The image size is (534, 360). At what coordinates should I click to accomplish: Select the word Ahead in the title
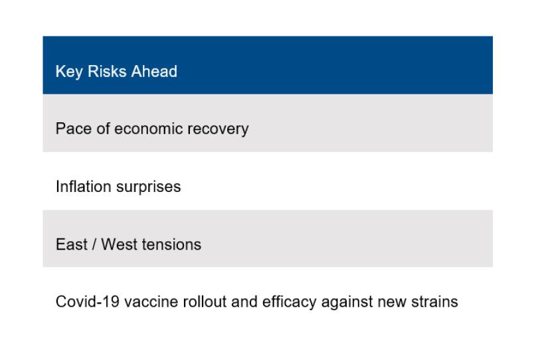pyautogui.click(x=154, y=71)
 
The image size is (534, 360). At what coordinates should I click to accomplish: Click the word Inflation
pyautogui.click(x=84, y=186)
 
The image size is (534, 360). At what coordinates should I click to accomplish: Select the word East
pyautogui.click(x=72, y=244)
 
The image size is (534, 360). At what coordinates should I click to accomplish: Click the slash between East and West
pyautogui.click(x=94, y=244)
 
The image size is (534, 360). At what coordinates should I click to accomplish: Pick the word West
pyautogui.click(x=119, y=244)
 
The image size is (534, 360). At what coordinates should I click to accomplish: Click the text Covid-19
pyautogui.click(x=88, y=302)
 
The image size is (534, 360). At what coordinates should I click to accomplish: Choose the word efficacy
pyautogui.click(x=289, y=302)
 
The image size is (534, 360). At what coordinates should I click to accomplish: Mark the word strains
pyautogui.click(x=434, y=302)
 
